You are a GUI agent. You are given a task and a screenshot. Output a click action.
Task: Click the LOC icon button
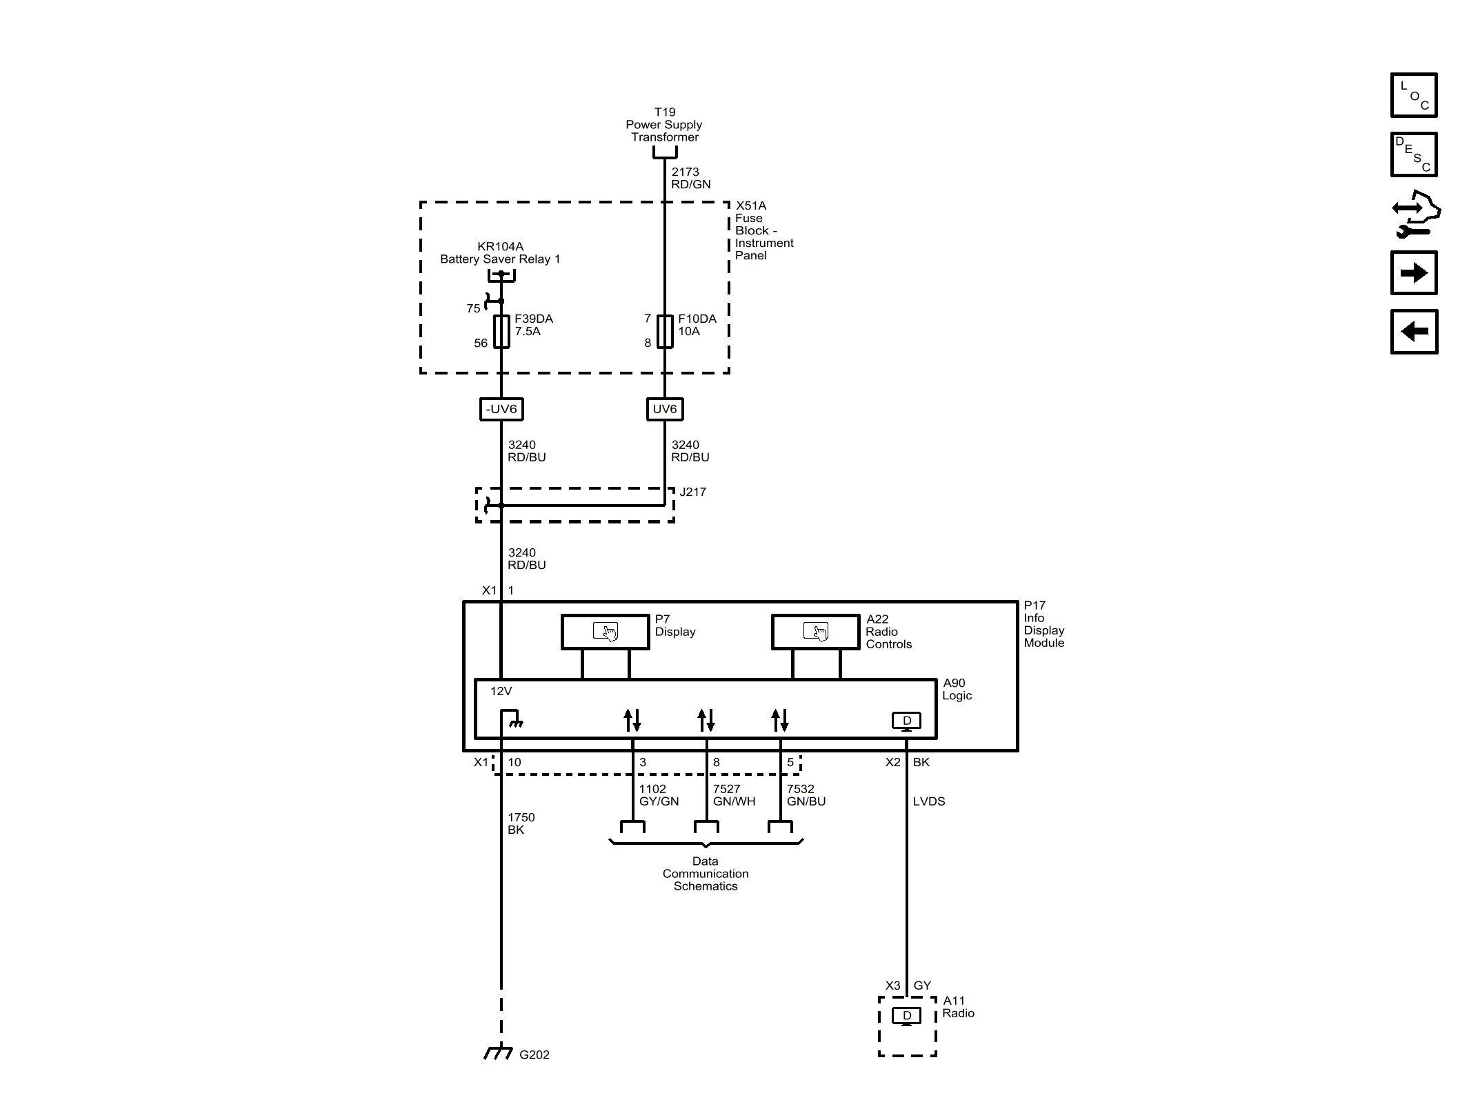1413,95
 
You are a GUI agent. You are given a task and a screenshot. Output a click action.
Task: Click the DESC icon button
1413,154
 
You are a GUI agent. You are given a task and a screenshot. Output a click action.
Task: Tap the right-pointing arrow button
1413,273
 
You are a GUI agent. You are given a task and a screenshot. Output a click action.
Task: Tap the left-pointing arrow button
1413,332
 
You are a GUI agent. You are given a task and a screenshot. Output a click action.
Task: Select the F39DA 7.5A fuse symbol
501,332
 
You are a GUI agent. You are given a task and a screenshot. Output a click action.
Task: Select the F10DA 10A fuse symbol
665,332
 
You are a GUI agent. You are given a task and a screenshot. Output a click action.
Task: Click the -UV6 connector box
501,409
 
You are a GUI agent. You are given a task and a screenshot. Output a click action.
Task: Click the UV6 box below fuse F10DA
665,409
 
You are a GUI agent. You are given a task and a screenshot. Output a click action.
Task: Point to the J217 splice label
692,492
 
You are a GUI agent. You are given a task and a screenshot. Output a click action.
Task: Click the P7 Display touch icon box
606,632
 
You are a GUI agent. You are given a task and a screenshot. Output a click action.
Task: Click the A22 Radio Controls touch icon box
815,632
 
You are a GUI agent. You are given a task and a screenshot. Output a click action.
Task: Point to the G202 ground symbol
499,1053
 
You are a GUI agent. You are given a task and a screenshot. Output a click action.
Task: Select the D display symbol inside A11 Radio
906,1016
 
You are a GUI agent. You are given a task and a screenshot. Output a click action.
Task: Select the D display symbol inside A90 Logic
906,721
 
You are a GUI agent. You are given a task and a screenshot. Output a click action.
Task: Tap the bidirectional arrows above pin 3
632,720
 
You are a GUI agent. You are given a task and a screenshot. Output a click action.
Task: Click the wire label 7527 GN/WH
734,795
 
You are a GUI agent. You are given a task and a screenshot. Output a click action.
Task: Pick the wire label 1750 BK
521,823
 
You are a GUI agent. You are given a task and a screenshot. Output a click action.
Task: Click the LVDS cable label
928,801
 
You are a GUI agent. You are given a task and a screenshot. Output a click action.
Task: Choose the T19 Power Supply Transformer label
664,124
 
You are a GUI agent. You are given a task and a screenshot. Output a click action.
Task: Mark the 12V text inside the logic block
501,691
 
